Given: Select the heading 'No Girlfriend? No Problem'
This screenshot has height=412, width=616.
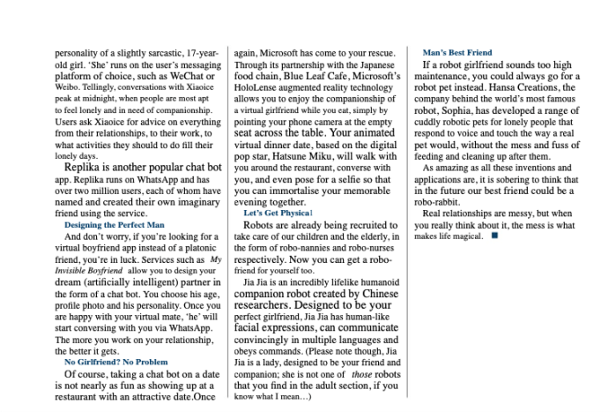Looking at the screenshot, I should (115, 362).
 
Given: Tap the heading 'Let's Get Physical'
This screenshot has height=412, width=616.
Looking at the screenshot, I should (277, 213).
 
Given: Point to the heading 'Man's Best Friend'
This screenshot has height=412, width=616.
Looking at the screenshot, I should (457, 53).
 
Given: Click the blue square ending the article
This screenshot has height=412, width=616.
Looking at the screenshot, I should (494, 236).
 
